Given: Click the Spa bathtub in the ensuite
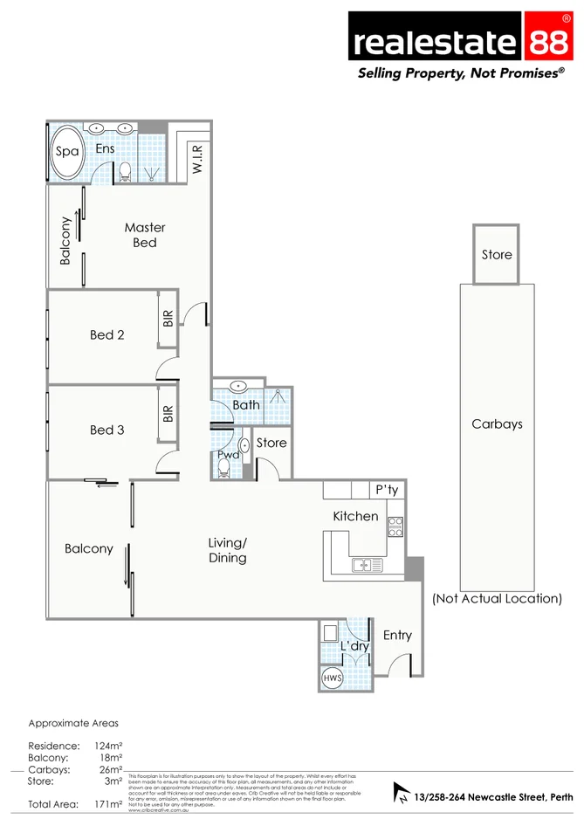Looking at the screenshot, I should click(x=67, y=152).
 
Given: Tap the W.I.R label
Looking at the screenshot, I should click(x=197, y=160).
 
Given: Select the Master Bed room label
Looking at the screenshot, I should click(x=144, y=235).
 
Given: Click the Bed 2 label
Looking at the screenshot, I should click(x=107, y=334).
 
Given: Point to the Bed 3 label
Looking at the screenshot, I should click(x=107, y=430).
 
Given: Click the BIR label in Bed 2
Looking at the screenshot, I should click(x=168, y=319).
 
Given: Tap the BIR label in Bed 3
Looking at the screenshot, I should click(x=168, y=414).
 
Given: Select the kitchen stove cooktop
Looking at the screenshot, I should click(x=395, y=526).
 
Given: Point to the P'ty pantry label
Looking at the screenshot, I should click(x=386, y=491).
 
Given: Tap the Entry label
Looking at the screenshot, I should click(x=397, y=635).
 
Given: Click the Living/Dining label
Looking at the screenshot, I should click(x=227, y=550).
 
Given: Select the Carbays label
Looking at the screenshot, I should click(x=497, y=424).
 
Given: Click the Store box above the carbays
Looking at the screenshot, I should click(x=497, y=254).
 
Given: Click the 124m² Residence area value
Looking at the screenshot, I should click(x=107, y=746).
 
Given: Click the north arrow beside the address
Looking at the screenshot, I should click(x=402, y=793).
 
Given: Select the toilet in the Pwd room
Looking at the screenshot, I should click(x=224, y=468).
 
